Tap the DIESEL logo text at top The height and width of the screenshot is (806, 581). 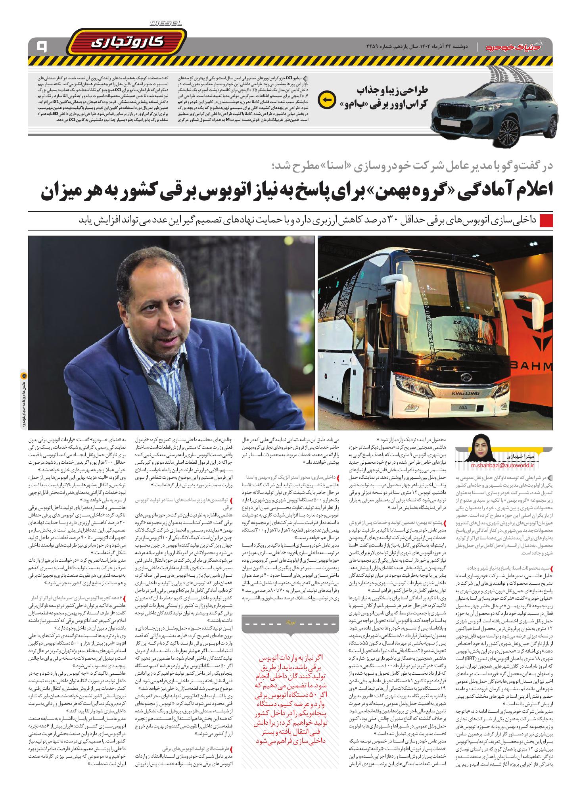tap(166, 24)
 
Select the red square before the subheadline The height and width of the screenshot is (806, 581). tap(546, 220)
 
